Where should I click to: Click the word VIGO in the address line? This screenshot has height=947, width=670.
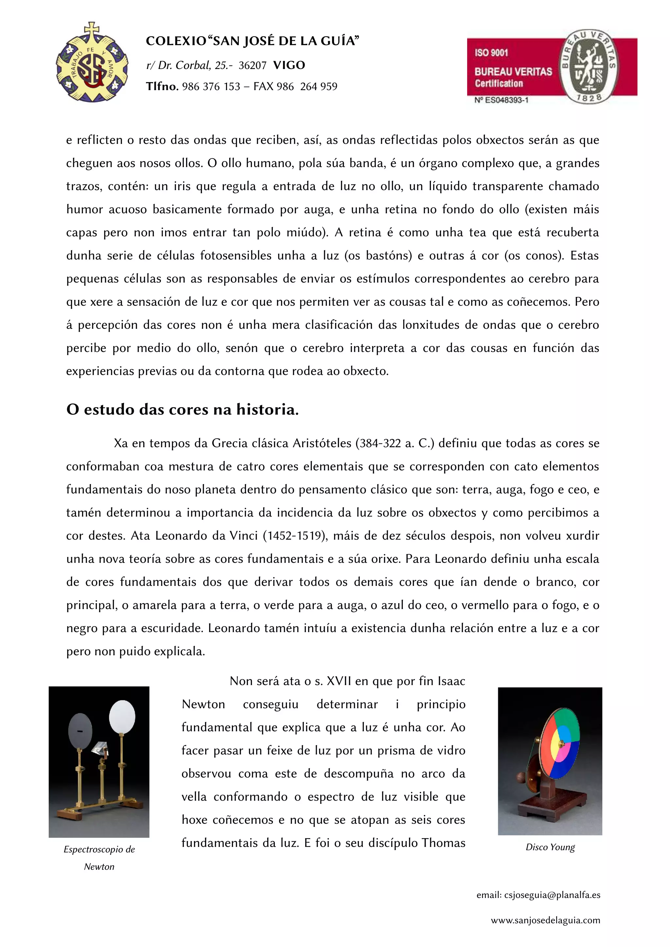(289, 65)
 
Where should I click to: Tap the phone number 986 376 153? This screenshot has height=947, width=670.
(211, 87)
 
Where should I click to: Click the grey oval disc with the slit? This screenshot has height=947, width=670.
(80, 731)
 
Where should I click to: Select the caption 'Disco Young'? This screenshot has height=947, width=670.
(550, 847)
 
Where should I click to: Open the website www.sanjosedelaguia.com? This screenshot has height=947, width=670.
(545, 921)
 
